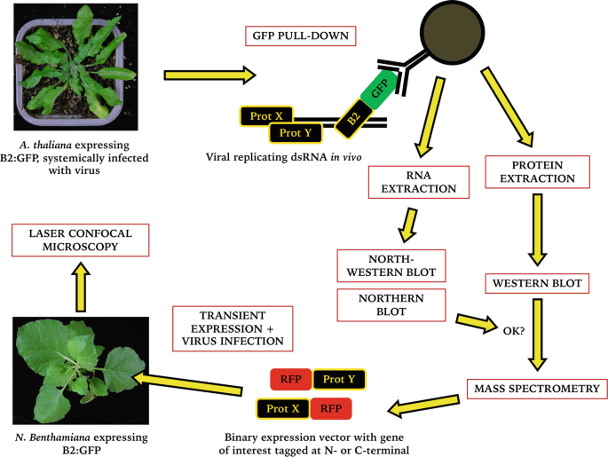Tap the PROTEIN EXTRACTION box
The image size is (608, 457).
(x=538, y=170)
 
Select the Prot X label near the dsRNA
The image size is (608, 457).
(x=266, y=115)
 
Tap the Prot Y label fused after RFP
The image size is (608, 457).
(x=338, y=380)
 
